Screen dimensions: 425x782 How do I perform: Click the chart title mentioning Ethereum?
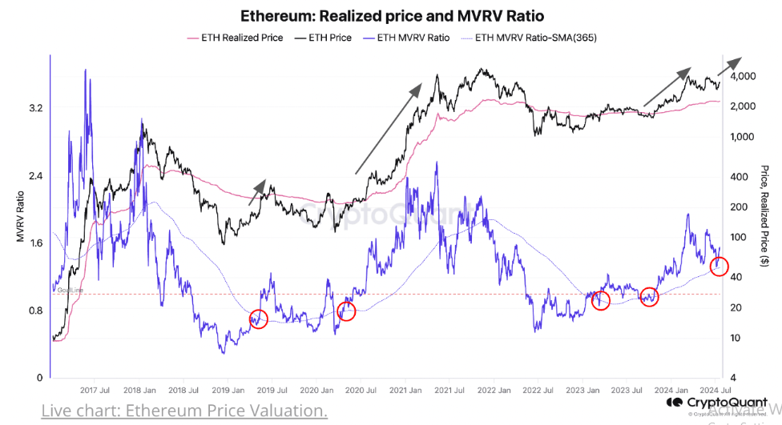click(x=390, y=16)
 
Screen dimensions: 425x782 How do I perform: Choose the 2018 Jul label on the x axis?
click(x=184, y=390)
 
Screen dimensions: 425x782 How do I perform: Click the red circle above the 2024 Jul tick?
click(x=720, y=267)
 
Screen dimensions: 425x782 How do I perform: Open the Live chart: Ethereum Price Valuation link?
click(x=184, y=411)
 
